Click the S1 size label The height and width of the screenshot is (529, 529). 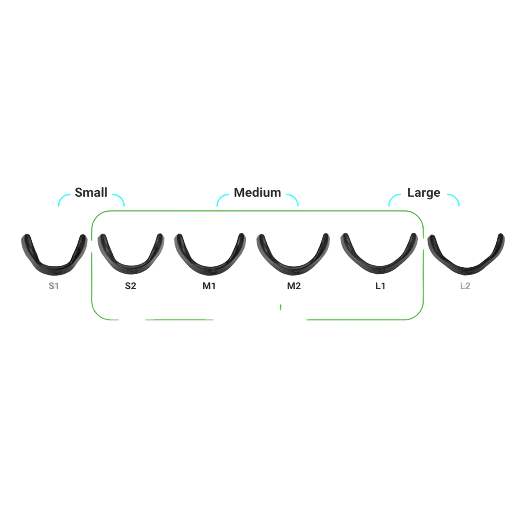[53, 286]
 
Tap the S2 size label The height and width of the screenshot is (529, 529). [130, 286]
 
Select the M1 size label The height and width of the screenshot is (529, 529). [209, 286]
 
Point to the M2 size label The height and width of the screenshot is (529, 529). [294, 286]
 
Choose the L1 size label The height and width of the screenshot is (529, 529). [380, 286]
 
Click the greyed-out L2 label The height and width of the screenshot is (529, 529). [465, 286]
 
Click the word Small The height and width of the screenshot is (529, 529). [91, 193]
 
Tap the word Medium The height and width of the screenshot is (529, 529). [257, 193]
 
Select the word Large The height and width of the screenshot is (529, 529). [424, 193]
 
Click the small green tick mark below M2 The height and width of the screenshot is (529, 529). [280, 307]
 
